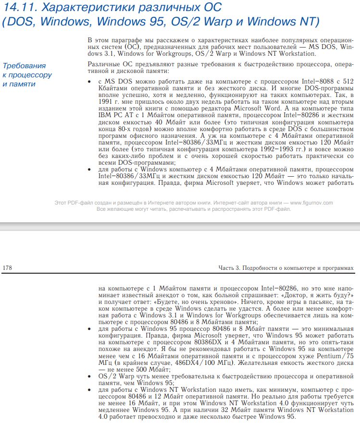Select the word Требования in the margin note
pos(24,66)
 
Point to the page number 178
pos(8,267)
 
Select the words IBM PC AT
pos(113,115)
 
